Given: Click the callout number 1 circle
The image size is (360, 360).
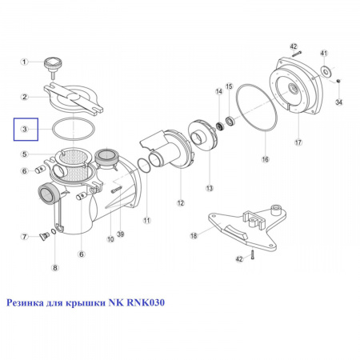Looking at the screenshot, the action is [24, 62].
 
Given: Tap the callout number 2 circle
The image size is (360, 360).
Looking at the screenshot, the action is [25, 97].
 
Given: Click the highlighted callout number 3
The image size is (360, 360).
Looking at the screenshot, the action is [25, 129].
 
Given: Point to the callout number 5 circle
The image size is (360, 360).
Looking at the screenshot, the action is [25, 154].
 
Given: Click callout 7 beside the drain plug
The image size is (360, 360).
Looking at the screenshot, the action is [25, 237].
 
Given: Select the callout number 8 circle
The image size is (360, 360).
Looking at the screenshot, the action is [55, 267].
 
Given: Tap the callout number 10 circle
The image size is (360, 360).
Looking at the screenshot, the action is [110, 239].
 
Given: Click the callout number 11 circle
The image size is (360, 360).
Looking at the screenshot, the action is [147, 220].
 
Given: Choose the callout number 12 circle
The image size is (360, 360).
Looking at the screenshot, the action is [181, 203].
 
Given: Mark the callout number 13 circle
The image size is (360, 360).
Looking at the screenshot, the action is [210, 188].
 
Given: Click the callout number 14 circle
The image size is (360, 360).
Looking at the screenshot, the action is [219, 91].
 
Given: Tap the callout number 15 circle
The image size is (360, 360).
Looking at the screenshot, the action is [229, 86].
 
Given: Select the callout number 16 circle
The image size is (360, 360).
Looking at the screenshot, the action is [265, 159].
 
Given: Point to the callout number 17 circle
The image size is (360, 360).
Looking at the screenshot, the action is [298, 142].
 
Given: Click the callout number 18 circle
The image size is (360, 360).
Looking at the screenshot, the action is [194, 236].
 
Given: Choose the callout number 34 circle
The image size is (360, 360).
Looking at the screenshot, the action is [338, 102].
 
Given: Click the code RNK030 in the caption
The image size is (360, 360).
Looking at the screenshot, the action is [146, 302].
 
